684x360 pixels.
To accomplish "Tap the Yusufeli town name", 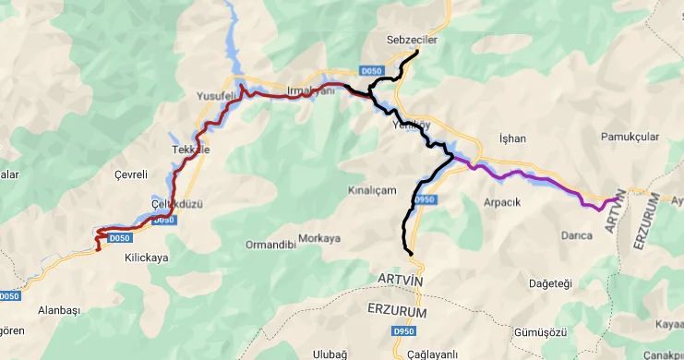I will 217,96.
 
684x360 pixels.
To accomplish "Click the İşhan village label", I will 511,138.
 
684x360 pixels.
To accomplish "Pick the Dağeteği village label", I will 551,282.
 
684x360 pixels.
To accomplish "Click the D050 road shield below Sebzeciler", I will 371,71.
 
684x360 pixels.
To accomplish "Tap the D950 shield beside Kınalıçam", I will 424,199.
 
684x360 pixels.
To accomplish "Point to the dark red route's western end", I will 99,248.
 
